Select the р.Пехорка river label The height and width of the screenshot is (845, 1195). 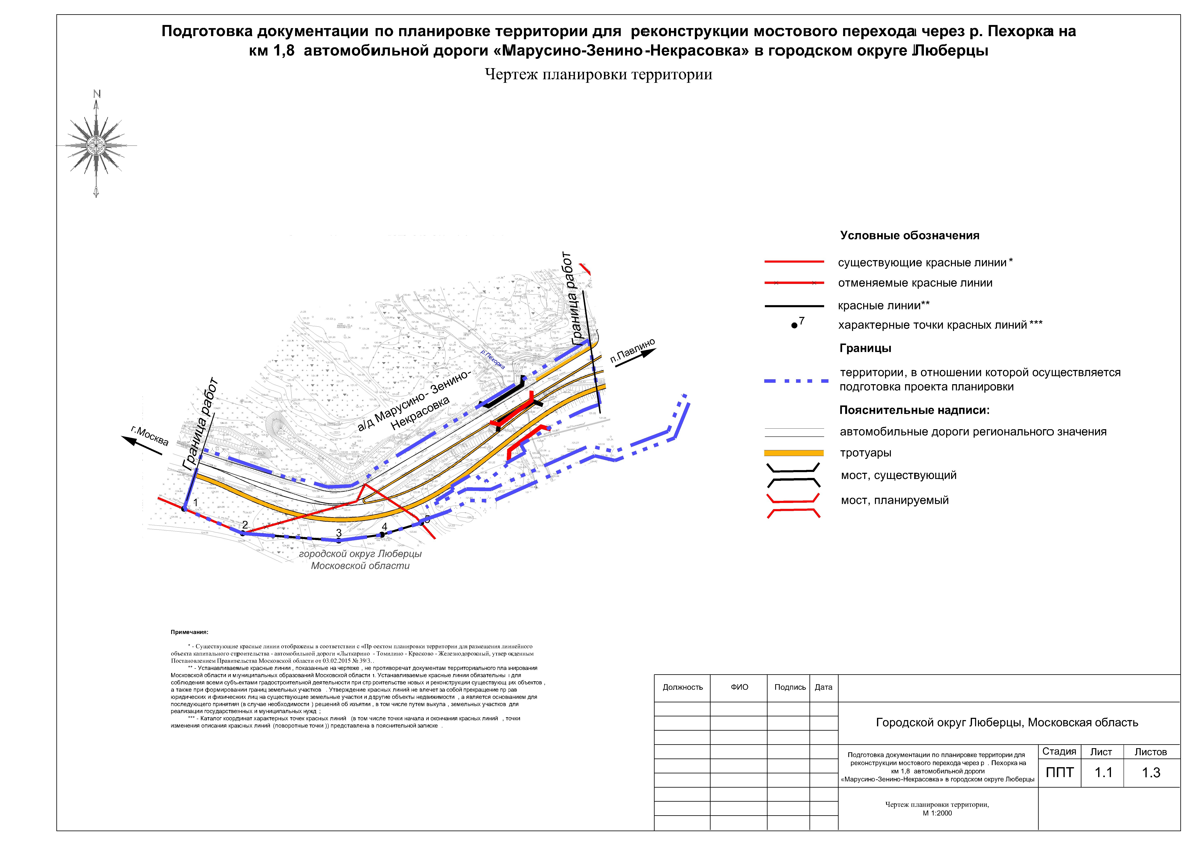492,359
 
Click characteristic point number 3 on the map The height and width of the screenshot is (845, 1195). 338,540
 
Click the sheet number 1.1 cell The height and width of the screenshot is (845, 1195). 1103,773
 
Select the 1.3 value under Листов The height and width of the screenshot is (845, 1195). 1151,773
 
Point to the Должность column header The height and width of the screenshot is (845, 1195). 682,687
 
